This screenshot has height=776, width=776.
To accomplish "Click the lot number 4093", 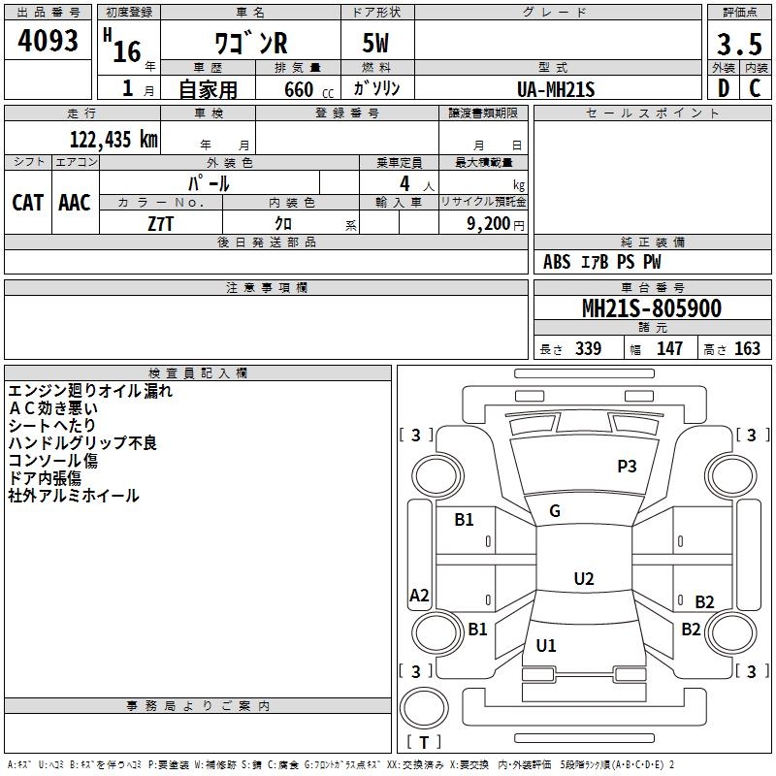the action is [48, 41].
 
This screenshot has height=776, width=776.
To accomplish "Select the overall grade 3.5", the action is [739, 44].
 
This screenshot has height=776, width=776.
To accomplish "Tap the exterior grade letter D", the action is [724, 88].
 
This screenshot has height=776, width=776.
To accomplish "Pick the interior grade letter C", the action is [755, 88].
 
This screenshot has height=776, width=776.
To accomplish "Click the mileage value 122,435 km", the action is [113, 140].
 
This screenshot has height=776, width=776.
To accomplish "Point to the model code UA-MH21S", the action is [556, 89].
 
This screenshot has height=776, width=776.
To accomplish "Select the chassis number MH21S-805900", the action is [652, 308].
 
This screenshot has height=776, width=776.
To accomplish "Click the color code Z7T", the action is [160, 224].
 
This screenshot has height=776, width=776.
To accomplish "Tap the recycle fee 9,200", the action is [489, 223].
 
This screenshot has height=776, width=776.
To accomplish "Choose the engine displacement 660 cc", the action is [309, 89].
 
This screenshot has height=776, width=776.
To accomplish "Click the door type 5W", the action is [375, 43].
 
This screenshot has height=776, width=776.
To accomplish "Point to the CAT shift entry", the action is [28, 203].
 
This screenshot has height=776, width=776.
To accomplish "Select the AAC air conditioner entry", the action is [75, 203].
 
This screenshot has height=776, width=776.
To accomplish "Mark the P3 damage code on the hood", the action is [627, 467].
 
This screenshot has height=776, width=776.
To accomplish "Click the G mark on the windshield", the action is [555, 511].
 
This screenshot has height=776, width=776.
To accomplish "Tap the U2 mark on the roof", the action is [584, 578].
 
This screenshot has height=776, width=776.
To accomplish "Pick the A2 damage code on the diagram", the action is [419, 595].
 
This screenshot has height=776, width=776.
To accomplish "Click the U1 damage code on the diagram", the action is [546, 645].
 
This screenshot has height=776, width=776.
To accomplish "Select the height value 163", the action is [747, 348].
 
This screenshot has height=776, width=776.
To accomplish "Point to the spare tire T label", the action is [424, 742].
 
